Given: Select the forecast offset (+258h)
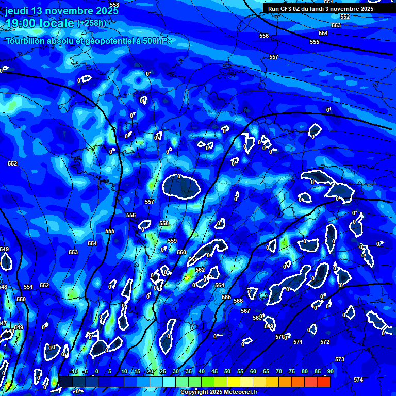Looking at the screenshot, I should [x=92, y=23].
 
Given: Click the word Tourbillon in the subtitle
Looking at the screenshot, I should [x=26, y=41].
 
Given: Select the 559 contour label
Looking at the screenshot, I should [x=172, y=241].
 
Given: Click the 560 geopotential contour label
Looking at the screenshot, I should [x=181, y=252].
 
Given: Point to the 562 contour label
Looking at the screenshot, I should [x=200, y=270].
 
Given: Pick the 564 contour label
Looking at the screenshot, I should [x=220, y=285].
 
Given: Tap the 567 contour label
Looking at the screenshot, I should [x=245, y=311].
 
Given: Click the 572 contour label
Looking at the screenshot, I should [x=325, y=342].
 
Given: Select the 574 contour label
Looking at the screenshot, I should [x=358, y=379].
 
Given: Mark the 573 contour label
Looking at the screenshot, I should [x=340, y=359].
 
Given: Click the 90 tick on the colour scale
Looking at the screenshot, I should [x=330, y=371].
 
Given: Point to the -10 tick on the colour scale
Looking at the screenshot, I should [x=73, y=371].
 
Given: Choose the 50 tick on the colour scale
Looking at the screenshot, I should [x=227, y=371].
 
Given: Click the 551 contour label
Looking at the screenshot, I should [x=28, y=287].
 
